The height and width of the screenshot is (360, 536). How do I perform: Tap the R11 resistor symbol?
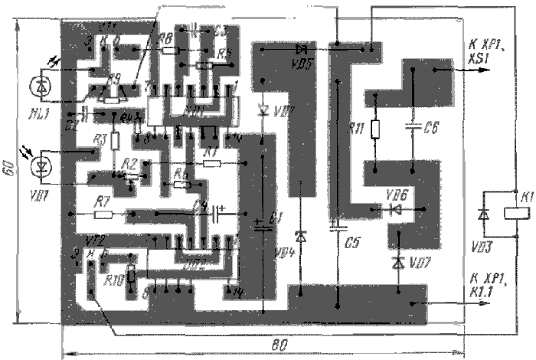coord(374,128)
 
